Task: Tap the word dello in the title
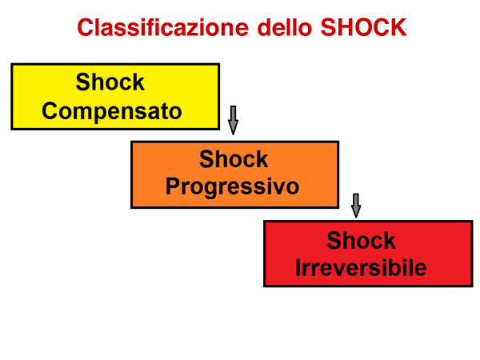coord(285,27)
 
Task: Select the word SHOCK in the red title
coord(363,27)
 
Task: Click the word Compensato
coord(112,111)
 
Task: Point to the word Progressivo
coord(232,186)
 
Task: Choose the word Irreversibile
coord(361,267)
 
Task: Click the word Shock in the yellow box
coord(110,82)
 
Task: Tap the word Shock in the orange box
coord(234,159)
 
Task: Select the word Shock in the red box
coord(362,240)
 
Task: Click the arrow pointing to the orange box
coord(234,120)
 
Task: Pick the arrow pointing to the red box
coord(356,206)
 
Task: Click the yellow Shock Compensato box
coord(115,97)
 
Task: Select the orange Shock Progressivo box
coord(234,174)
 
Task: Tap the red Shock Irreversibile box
coord(368,254)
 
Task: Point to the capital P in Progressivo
coord(173,186)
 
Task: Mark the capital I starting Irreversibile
coord(298,267)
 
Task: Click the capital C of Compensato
coord(50,111)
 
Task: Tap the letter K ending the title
coord(398,27)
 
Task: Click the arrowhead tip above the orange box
coord(234,134)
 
